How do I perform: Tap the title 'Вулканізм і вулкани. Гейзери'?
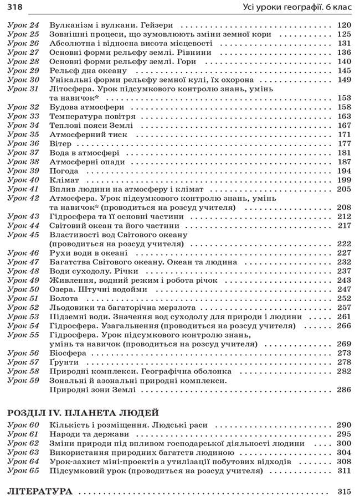[x=111, y=25]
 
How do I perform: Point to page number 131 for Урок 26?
[x=344, y=43]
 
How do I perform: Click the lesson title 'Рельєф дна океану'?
[x=88, y=71]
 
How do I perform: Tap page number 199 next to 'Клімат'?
[x=344, y=180]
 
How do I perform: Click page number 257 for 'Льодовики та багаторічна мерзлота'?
[x=344, y=308]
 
